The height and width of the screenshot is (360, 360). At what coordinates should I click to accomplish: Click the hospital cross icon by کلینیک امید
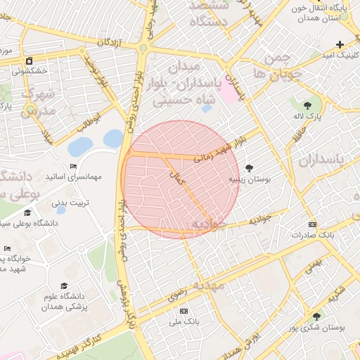(x=340, y=44)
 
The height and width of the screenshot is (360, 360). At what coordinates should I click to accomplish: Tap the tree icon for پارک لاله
(x=307, y=105)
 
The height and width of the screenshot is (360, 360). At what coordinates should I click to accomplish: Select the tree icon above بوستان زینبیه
(x=249, y=167)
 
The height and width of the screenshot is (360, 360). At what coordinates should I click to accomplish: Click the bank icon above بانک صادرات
(x=312, y=224)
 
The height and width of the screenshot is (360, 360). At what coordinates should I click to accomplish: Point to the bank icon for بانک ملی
(x=184, y=311)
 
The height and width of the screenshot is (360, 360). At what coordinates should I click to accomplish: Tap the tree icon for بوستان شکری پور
(x=316, y=317)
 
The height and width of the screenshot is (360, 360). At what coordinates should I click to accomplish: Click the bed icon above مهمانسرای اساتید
(x=73, y=167)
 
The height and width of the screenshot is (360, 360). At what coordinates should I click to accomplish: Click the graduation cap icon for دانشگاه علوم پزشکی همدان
(x=64, y=285)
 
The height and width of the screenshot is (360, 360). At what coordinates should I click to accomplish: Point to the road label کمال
(x=179, y=179)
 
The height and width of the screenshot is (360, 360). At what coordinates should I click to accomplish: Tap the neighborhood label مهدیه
(x=209, y=285)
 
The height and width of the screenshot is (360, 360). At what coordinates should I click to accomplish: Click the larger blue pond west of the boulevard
(x=80, y=146)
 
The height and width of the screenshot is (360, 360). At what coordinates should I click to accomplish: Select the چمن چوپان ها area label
(x=278, y=64)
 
